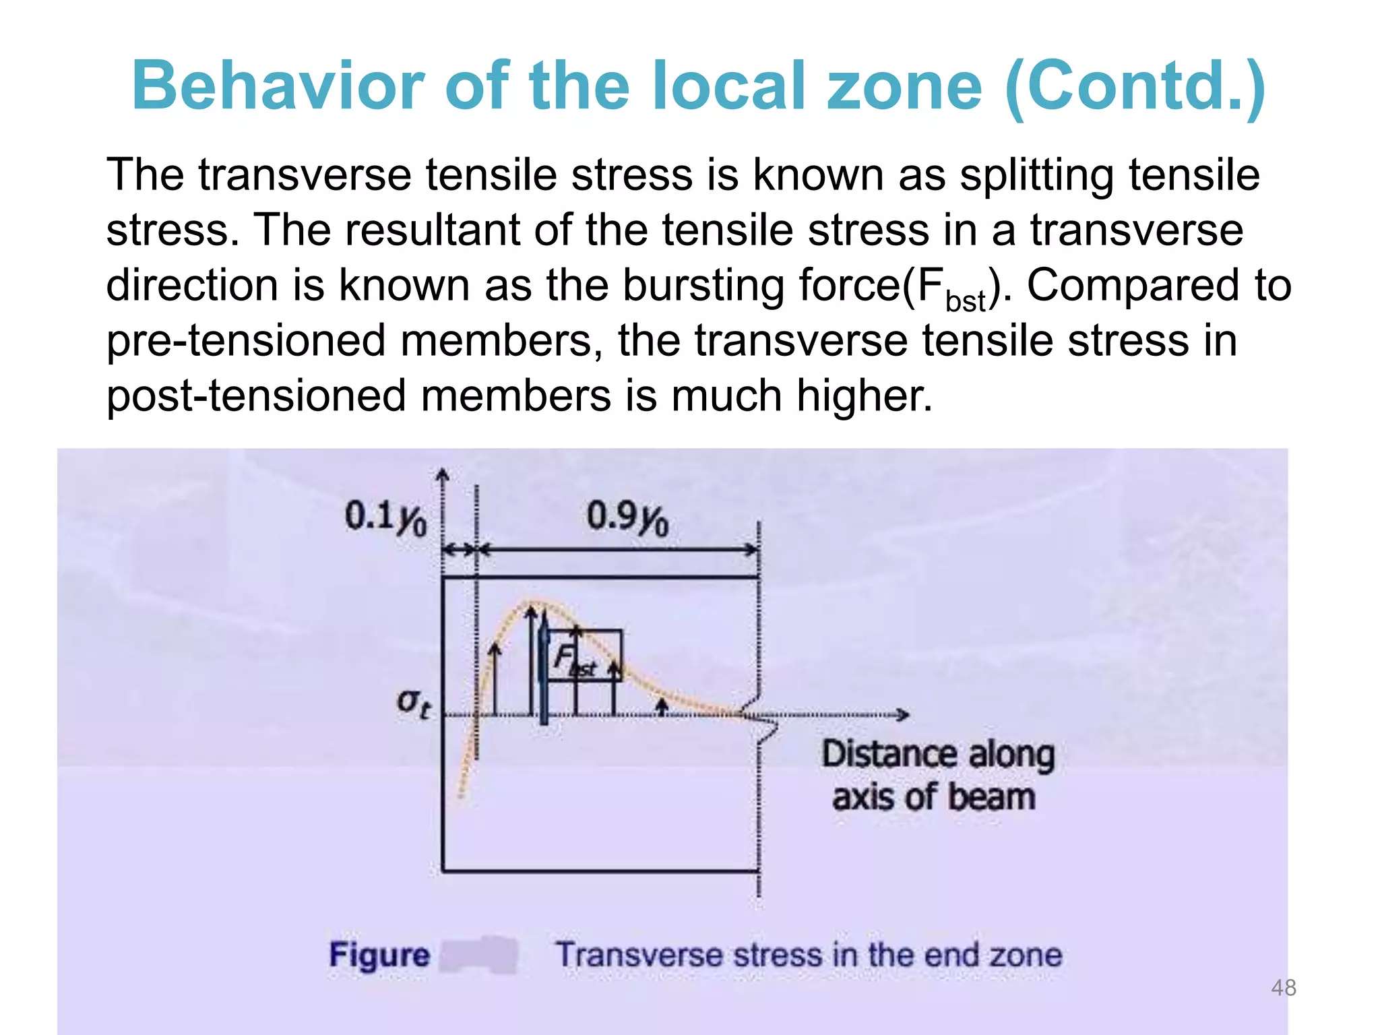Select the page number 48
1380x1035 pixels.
click(1283, 988)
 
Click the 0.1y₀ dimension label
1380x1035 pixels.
click(385, 517)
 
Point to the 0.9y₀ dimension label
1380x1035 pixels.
click(627, 517)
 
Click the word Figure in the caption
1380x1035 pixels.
click(379, 955)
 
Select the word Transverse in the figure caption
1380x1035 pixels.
click(638, 955)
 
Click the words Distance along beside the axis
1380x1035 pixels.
click(938, 754)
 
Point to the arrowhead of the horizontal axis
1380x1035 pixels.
click(903, 714)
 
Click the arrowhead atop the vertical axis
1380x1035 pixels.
click(443, 476)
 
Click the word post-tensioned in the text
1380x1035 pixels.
click(257, 396)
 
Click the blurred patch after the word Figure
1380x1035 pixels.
click(479, 955)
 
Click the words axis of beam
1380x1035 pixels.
click(933, 797)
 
